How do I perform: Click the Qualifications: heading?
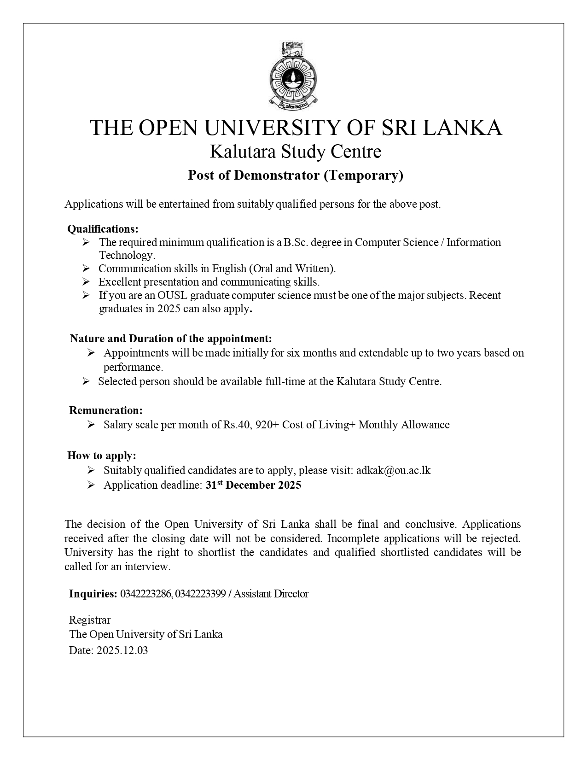click(103, 229)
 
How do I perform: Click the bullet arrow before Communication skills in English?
click(86, 269)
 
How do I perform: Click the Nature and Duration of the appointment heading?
click(171, 339)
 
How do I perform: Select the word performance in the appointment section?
click(133, 367)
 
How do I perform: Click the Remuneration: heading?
click(106, 410)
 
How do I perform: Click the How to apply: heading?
click(102, 456)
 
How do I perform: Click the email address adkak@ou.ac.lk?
click(393, 470)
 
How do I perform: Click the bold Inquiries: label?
click(93, 594)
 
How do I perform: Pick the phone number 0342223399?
click(200, 594)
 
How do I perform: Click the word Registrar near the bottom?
click(90, 620)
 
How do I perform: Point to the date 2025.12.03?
click(122, 650)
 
